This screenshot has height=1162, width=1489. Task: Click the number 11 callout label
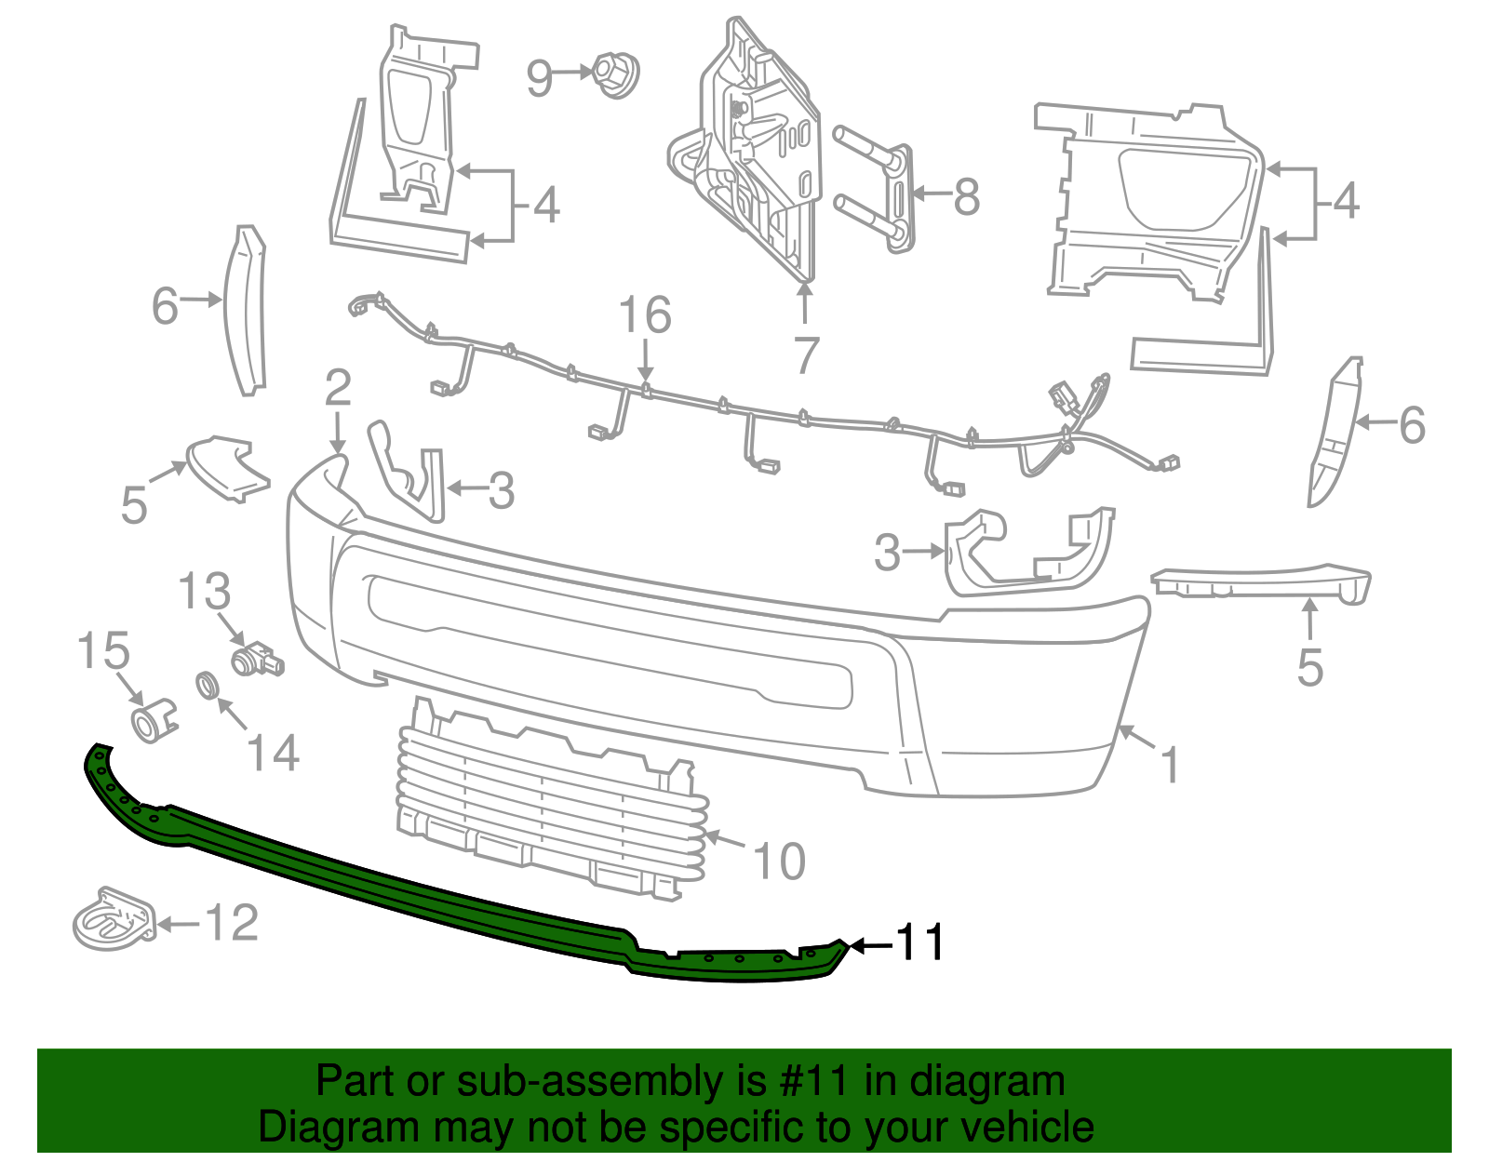tap(919, 942)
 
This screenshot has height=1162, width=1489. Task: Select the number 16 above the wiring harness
tap(644, 315)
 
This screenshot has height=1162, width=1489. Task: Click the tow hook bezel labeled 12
tap(112, 919)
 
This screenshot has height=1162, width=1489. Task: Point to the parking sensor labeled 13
tap(257, 659)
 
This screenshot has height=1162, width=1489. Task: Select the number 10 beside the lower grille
tap(778, 861)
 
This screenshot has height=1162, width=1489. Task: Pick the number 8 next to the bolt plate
tap(967, 196)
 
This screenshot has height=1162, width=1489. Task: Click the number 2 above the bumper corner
tap(338, 387)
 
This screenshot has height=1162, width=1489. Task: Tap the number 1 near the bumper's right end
tap(1170, 765)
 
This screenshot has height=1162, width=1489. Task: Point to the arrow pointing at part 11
tap(869, 945)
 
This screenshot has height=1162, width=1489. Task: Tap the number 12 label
tap(230, 922)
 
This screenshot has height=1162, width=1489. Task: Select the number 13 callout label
tap(204, 592)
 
